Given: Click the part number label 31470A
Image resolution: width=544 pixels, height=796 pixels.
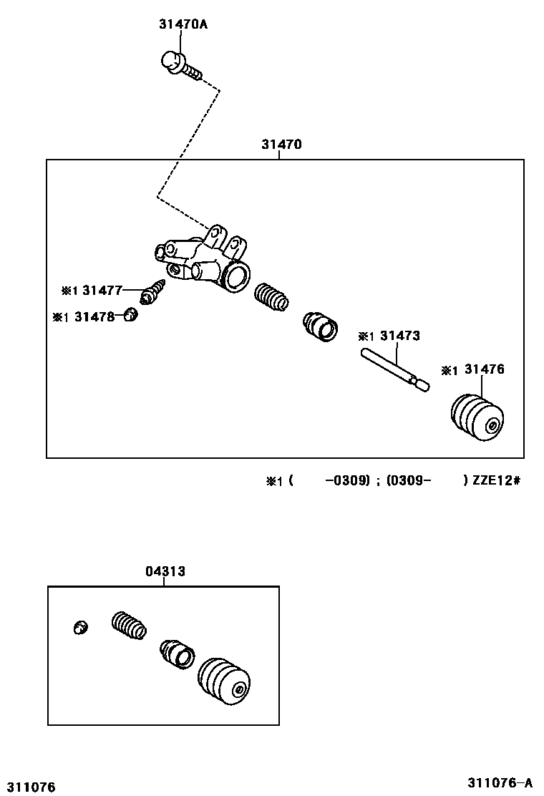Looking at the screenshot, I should pyautogui.click(x=183, y=24).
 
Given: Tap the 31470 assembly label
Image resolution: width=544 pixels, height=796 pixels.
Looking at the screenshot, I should pyautogui.click(x=281, y=145).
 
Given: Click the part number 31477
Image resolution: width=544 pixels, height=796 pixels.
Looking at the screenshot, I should pyautogui.click(x=102, y=290).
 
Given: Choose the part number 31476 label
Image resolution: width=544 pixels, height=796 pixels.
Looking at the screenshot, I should pyautogui.click(x=484, y=369).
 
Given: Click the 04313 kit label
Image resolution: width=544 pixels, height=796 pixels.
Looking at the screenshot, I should pyautogui.click(x=165, y=571).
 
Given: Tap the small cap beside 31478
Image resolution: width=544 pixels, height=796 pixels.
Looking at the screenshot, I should pyautogui.click(x=130, y=314).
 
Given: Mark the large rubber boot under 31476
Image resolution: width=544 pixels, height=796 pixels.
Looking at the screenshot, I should pyautogui.click(x=477, y=417).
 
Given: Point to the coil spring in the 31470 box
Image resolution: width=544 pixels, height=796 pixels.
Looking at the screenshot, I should pyautogui.click(x=272, y=296).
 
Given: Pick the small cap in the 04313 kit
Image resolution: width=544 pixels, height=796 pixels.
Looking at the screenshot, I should pyautogui.click(x=81, y=628).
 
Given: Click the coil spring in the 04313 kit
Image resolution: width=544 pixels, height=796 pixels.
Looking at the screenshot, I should pyautogui.click(x=130, y=624).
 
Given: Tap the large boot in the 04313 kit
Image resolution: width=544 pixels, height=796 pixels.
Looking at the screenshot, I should pyautogui.click(x=223, y=682).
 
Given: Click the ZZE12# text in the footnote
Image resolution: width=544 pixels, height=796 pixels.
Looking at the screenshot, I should pyautogui.click(x=495, y=480).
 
